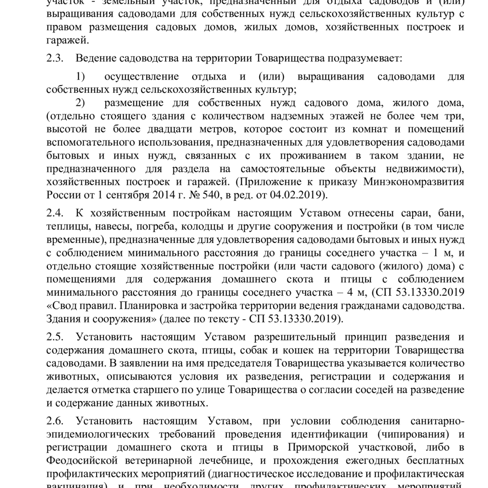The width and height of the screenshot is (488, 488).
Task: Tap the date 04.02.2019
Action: click(x=303, y=195)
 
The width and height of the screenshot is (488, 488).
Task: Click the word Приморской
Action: click(x=322, y=448)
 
